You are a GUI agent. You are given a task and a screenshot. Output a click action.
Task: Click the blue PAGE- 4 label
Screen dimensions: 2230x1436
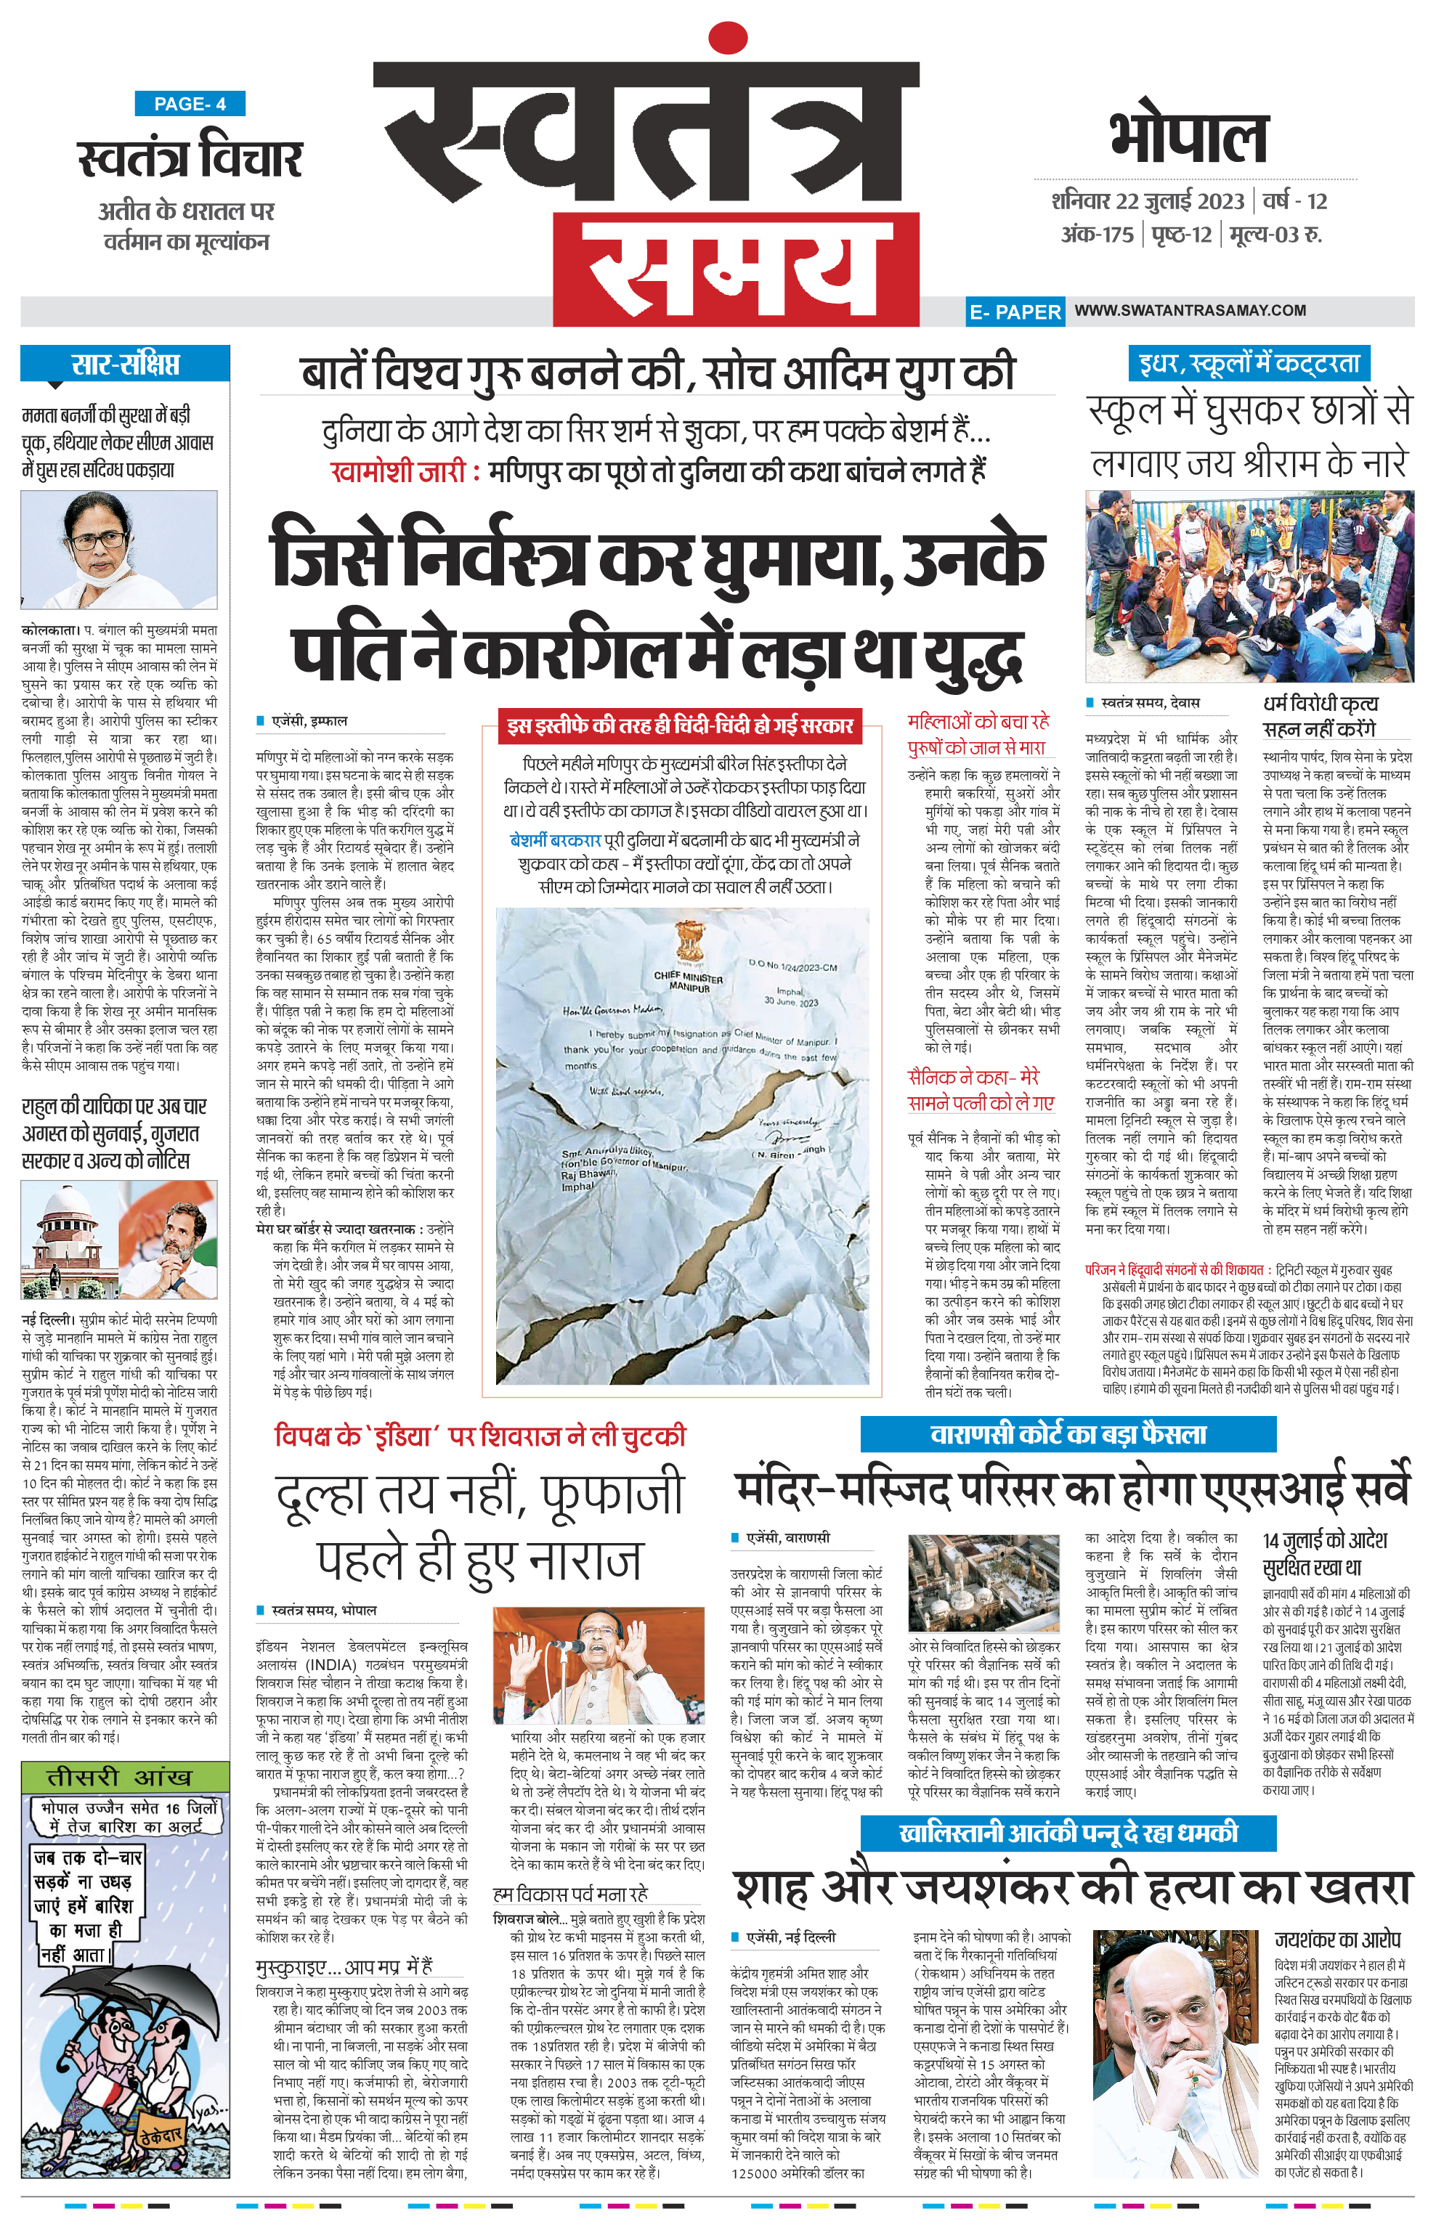pyautogui.click(x=190, y=104)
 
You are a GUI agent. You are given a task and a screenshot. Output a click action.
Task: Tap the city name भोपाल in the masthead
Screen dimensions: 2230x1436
pyautogui.click(x=1188, y=137)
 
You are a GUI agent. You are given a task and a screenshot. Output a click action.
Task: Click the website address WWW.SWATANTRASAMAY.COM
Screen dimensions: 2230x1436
pyautogui.click(x=1190, y=311)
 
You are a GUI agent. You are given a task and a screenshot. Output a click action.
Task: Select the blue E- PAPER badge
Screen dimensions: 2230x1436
pyautogui.click(x=1015, y=312)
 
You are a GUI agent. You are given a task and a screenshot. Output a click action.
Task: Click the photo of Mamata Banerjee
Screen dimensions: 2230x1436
pyautogui.click(x=119, y=549)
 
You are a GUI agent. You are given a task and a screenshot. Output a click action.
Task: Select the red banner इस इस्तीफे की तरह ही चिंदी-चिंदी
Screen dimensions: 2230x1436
pyautogui.click(x=679, y=725)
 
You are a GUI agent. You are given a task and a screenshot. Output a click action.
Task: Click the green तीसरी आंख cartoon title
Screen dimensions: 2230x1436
pyautogui.click(x=125, y=1776)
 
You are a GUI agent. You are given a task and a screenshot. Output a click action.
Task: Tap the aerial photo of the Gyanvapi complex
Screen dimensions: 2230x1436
pyautogui.click(x=983, y=1584)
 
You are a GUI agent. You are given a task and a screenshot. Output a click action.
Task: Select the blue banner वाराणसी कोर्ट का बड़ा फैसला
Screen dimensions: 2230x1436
pyautogui.click(x=1068, y=1434)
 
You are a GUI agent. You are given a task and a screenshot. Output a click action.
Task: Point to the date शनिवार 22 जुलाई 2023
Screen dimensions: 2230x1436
pyautogui.click(x=1148, y=201)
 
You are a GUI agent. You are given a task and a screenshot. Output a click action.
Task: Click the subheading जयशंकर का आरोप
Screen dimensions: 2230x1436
pyautogui.click(x=1337, y=1939)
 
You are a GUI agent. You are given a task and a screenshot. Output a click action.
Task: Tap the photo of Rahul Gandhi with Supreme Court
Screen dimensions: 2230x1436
pyautogui.click(x=119, y=1240)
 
